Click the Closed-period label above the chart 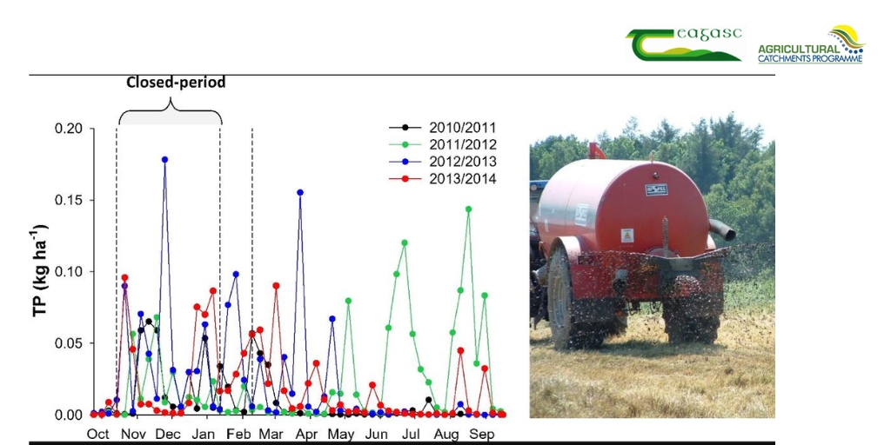(176, 83)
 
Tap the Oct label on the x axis (97, 434)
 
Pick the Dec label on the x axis (168, 434)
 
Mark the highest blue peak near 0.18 (164, 159)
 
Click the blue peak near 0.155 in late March (300, 192)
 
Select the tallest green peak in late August (468, 209)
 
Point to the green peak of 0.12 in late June (405, 242)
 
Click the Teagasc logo (684, 43)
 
